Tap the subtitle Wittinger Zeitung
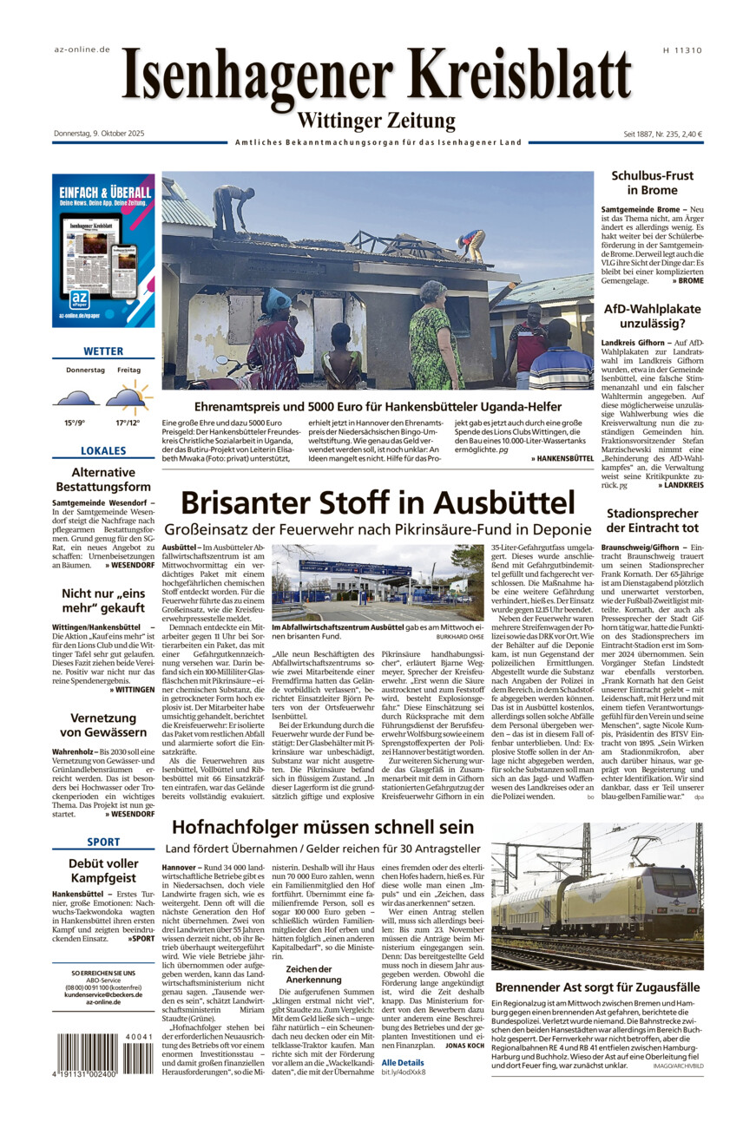[376, 121]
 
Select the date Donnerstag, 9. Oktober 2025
[98, 134]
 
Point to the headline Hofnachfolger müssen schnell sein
[323, 827]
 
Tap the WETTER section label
[103, 351]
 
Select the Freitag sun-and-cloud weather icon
[129, 397]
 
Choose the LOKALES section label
[103, 451]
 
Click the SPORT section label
[103, 843]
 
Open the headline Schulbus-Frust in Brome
[652, 182]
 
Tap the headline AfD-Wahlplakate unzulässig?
[652, 316]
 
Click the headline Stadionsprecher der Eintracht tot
[652, 521]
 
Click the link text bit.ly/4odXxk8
[404, 1072]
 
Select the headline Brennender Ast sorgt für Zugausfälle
[597, 987]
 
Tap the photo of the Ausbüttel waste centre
[378, 582]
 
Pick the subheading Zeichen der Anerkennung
[309, 974]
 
